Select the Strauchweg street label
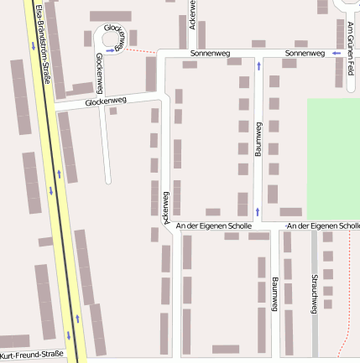point(314,293)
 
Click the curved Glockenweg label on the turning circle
point(117,38)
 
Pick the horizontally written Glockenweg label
point(106,101)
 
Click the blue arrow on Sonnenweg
point(336,53)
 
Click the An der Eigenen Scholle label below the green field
point(322,226)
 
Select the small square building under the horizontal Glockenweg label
point(113,111)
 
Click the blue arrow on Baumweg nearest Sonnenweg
point(258,65)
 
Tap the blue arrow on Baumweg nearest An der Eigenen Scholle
point(258,210)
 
